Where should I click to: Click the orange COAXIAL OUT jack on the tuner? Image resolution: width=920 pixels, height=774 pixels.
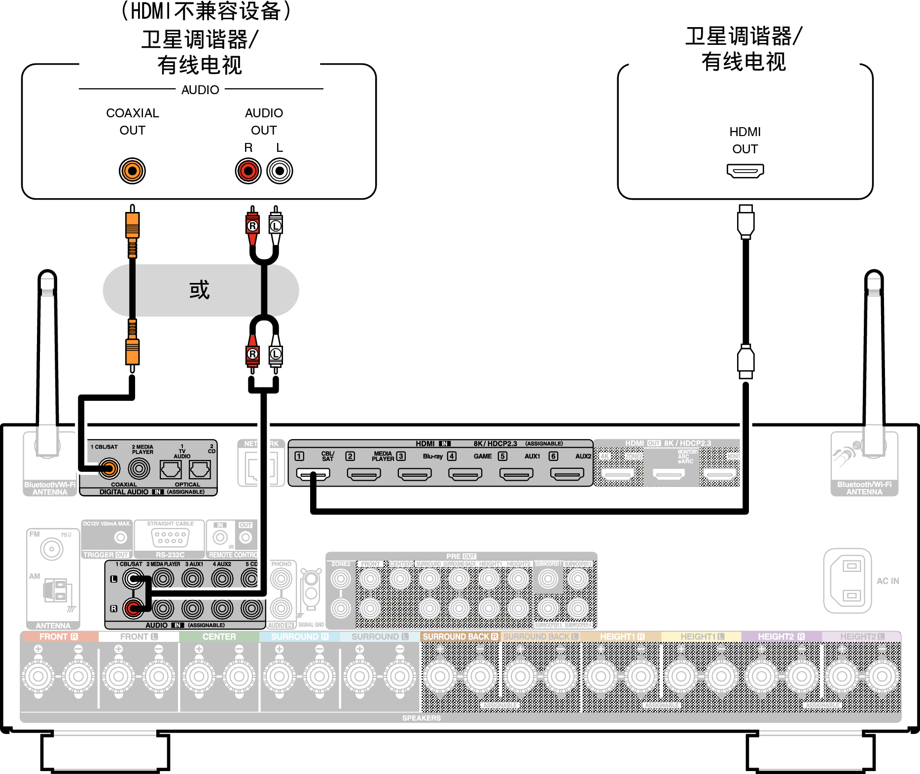132,171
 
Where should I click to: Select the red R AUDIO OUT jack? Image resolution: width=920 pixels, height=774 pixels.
248,171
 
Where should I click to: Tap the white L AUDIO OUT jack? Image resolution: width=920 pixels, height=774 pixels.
280,171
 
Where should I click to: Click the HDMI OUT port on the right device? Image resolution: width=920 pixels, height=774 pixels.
745,171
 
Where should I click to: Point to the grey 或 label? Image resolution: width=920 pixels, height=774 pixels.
200,290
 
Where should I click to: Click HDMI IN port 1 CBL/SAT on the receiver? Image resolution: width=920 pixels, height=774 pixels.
313,474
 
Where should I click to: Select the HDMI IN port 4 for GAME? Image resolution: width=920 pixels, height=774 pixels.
465,474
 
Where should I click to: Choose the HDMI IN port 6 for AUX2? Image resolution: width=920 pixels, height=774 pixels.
567,474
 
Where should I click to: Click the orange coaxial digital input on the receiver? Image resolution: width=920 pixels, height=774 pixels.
109,468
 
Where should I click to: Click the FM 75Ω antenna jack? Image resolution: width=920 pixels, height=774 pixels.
52,549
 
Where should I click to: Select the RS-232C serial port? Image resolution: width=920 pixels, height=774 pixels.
170,537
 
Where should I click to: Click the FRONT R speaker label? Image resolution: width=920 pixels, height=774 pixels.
59,636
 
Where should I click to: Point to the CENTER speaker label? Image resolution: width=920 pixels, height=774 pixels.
219,636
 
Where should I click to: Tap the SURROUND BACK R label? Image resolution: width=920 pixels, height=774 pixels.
460,636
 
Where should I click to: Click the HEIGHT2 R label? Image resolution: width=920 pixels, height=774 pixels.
781,636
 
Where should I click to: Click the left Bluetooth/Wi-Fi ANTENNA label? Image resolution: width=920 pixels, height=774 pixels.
50,489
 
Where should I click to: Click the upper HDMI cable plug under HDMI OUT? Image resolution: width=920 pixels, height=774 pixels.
745,222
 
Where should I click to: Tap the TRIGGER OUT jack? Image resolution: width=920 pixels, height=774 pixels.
120,537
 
